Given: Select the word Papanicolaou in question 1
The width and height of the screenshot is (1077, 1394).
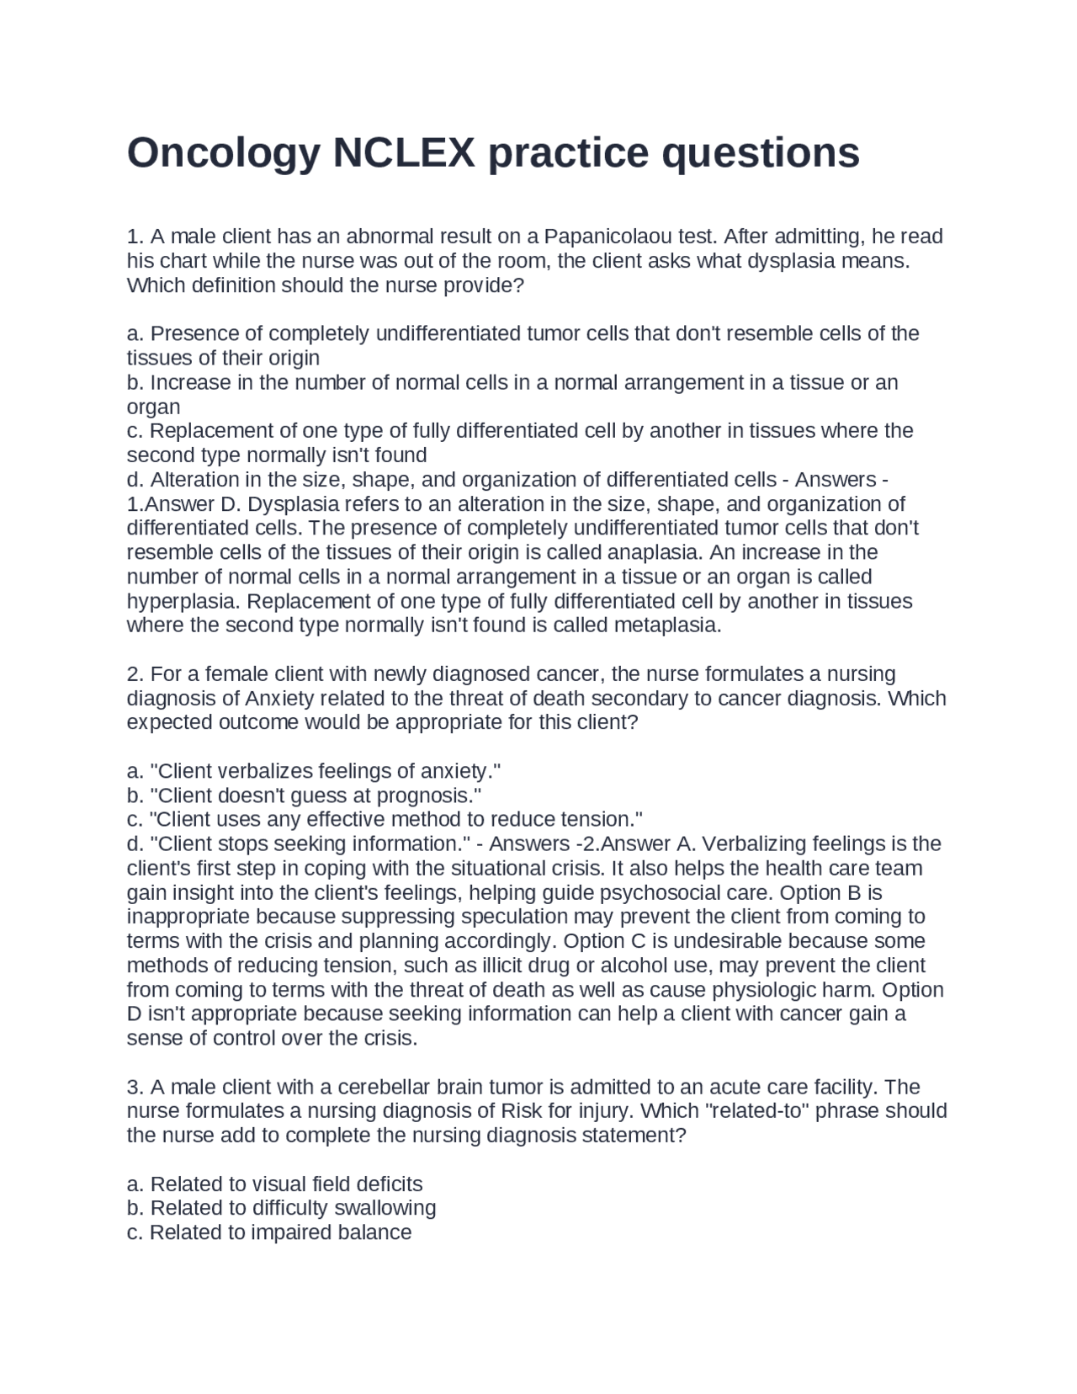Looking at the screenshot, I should pos(603,236).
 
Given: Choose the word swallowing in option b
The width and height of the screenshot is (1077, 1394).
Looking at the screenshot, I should pos(385,1208).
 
